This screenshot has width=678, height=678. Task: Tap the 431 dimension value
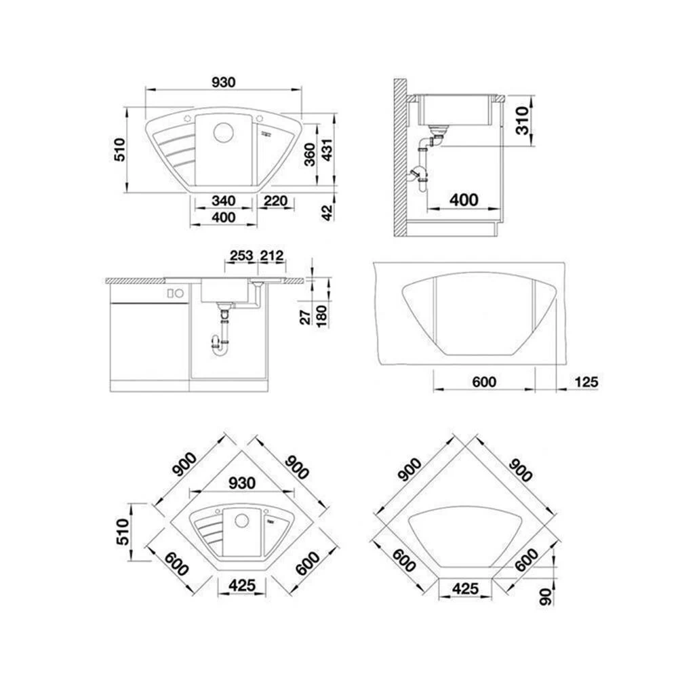click(x=327, y=151)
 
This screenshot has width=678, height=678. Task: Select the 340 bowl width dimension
click(x=223, y=201)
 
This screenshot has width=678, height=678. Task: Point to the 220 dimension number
click(x=275, y=201)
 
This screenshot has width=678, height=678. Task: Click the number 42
click(x=327, y=212)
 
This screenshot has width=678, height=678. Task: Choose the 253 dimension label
click(x=241, y=256)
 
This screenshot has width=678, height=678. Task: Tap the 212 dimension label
click(x=271, y=256)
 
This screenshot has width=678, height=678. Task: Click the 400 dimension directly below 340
click(x=223, y=217)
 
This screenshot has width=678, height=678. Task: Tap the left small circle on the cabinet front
click(x=171, y=294)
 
